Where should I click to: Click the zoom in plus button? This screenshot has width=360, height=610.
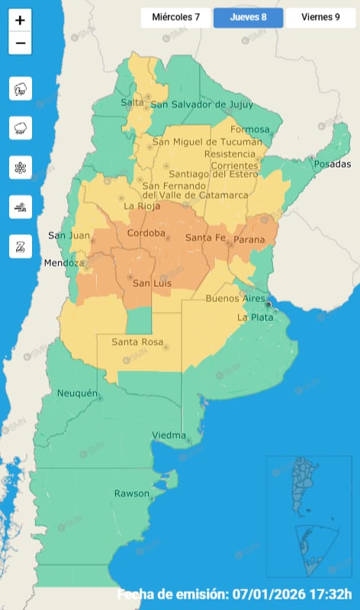click(20, 21)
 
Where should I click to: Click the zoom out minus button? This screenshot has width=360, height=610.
click(20, 43)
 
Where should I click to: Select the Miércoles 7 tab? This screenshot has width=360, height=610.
click(175, 18)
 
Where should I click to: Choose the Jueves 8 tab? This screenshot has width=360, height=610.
click(248, 18)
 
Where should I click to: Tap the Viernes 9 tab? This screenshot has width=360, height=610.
click(321, 18)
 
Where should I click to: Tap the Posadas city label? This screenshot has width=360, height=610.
click(331, 165)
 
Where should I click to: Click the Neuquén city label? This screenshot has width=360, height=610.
click(78, 393)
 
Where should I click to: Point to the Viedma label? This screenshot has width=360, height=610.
click(169, 435)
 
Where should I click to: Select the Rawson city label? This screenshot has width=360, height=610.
click(131, 493)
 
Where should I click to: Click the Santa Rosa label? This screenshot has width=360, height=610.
click(137, 342)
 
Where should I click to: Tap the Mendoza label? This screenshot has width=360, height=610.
click(63, 263)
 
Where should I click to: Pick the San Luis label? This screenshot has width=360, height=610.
click(152, 284)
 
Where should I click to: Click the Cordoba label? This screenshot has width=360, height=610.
click(146, 233)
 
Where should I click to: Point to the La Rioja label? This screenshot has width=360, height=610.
click(141, 206)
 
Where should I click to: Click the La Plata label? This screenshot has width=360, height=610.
click(254, 317)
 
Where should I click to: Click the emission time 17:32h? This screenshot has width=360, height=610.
click(329, 595)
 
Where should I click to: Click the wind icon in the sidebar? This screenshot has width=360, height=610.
click(20, 206)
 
